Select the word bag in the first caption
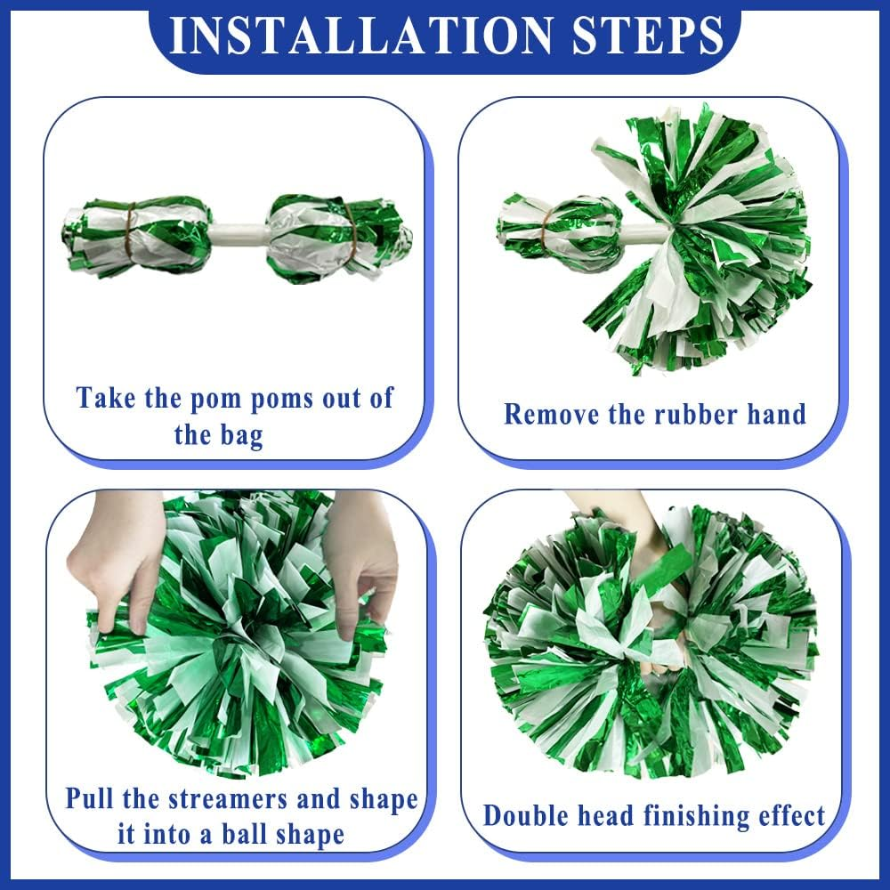click(240, 436)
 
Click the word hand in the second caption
click(768, 414)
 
